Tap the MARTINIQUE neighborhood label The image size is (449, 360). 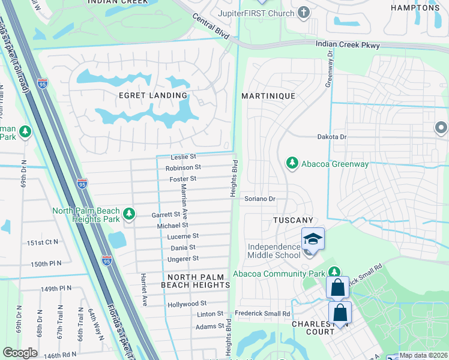click(x=268, y=96)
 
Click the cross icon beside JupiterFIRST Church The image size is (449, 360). click(x=304, y=13)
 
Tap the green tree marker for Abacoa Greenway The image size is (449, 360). click(x=292, y=163)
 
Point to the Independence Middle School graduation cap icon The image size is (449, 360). click(x=312, y=239)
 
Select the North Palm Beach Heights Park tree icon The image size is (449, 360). click(x=128, y=214)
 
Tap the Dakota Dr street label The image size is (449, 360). click(x=332, y=137)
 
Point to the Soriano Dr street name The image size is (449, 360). click(x=259, y=199)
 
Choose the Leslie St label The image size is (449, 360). click(x=184, y=156)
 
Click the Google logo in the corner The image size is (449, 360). click(x=20, y=352)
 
